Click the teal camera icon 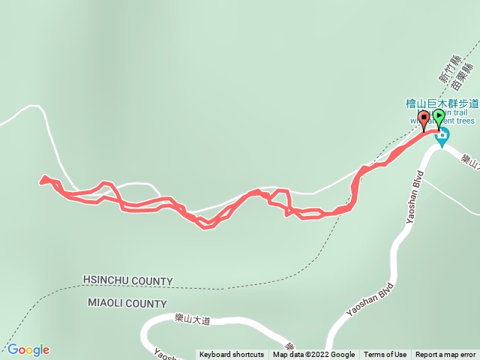click(442, 136)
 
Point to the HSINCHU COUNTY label click(128, 281)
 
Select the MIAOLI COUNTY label click(127, 304)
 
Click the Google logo click(28, 349)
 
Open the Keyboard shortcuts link click(231, 355)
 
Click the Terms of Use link click(385, 355)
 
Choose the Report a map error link click(445, 355)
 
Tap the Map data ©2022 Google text click(313, 355)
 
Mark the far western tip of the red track click(40, 180)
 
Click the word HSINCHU click(109, 281)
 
